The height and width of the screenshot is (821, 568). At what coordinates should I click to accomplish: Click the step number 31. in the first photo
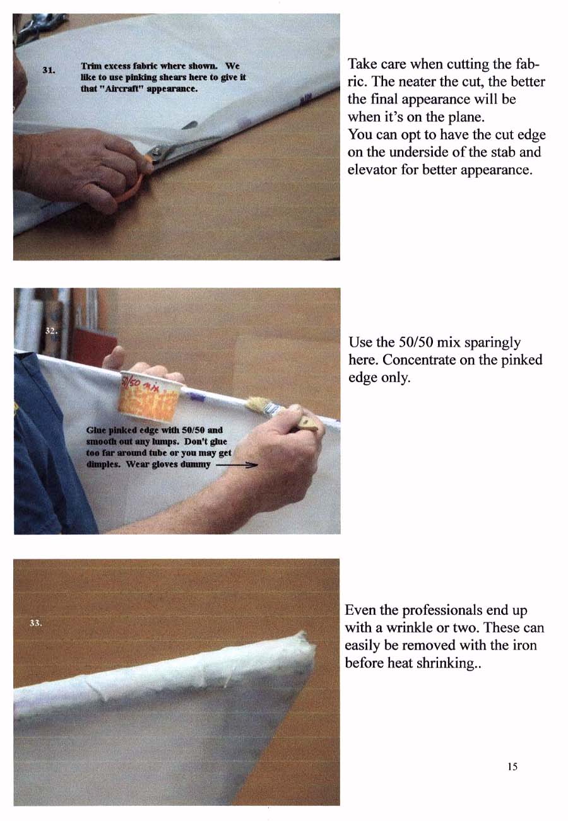pyautogui.click(x=49, y=70)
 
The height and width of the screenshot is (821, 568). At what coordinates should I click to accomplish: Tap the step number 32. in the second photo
pyautogui.click(x=52, y=331)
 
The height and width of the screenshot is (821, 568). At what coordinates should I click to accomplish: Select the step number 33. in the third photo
pyautogui.click(x=36, y=623)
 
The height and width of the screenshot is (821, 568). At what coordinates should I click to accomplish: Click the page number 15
pyautogui.click(x=512, y=766)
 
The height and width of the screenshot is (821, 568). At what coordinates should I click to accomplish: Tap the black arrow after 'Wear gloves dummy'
pyautogui.click(x=237, y=465)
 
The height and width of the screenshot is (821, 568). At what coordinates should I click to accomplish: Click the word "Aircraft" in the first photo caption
pyautogui.click(x=121, y=89)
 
